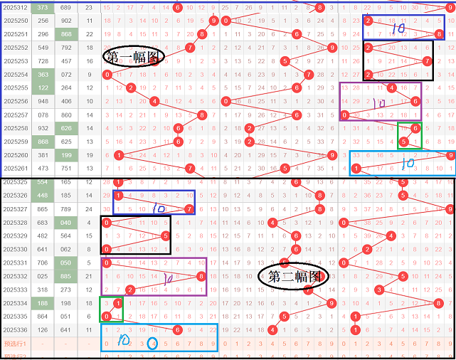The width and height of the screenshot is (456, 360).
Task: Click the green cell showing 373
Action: point(43,7)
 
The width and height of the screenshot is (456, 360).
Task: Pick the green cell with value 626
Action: point(66,128)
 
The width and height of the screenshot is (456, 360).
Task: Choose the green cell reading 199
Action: point(66,155)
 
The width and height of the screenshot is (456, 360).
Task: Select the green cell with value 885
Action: point(66,276)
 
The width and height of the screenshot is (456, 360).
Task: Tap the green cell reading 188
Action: point(43,303)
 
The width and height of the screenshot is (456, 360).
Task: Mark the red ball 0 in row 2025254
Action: point(107,75)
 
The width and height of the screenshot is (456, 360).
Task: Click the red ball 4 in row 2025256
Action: point(155,102)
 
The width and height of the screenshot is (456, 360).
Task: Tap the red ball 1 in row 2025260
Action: point(119,155)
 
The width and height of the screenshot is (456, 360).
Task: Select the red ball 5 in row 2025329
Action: point(166,235)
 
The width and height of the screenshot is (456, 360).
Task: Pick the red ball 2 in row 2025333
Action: point(130,290)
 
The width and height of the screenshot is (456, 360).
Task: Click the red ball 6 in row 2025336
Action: point(178,329)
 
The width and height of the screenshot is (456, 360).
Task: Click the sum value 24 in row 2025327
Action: point(88,209)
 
